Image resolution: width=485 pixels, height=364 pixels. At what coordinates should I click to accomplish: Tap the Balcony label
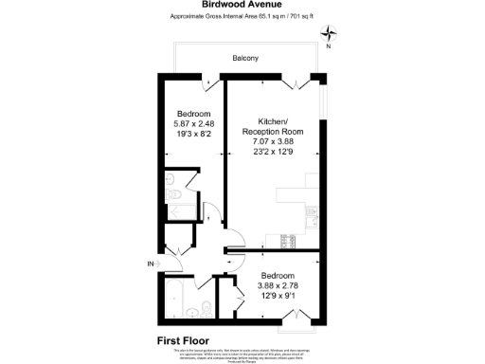click(x=246, y=61)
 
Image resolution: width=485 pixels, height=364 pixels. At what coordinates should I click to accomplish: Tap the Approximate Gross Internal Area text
click(x=242, y=17)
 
